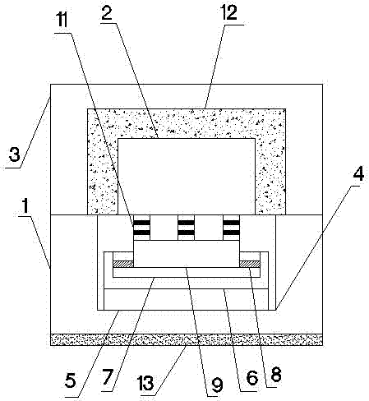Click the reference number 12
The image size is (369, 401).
click(229, 12)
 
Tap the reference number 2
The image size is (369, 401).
click(107, 12)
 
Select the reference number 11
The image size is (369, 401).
click(62, 21)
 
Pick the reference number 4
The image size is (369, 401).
click(358, 173)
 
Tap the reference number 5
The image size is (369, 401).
click(71, 380)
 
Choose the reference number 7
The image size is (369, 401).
click(108, 376)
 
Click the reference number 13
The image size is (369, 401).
click(146, 383)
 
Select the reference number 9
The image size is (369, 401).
click(217, 385)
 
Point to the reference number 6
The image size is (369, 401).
click(252, 378)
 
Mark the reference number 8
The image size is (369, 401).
click(276, 374)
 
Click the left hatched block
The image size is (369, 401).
click(123, 264)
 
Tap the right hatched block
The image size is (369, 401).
click(250, 264)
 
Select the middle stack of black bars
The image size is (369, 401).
click(187, 228)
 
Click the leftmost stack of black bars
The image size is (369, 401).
click(142, 228)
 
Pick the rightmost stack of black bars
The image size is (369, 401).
click(232, 228)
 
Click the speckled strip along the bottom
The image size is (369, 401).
click(187, 339)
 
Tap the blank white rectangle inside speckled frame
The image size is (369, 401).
click(187, 177)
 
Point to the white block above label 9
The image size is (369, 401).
click(187, 254)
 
